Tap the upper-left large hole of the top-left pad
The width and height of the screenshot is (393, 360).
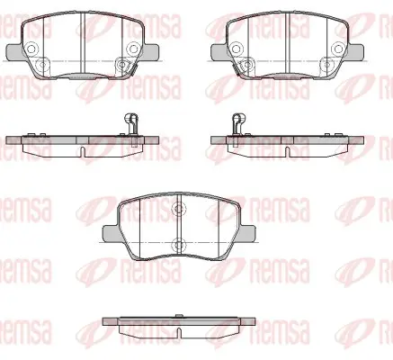31,49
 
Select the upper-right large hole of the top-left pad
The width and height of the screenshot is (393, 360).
132,49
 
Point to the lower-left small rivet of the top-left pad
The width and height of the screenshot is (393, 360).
41,64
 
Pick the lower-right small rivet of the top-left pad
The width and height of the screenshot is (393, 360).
121,64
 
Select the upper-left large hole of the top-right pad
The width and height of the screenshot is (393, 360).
237,49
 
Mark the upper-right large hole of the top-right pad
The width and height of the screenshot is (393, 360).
338,49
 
